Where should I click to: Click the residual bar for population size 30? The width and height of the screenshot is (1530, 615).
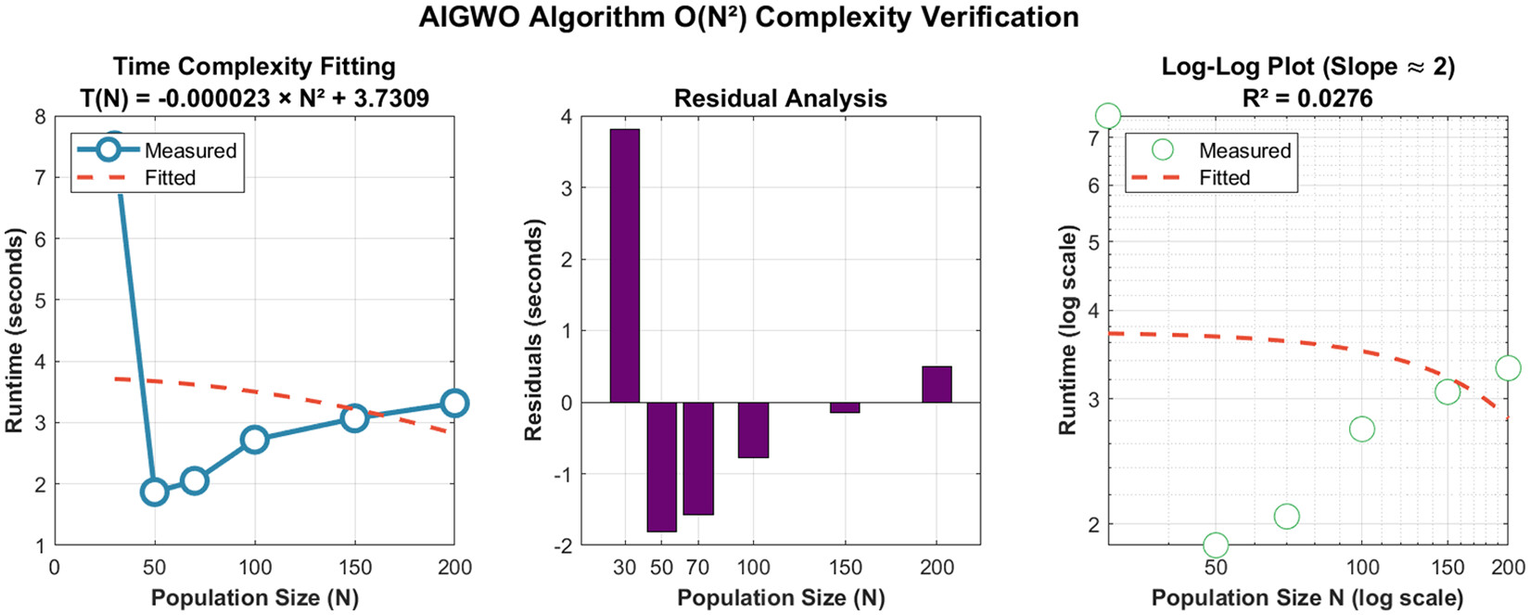[x=624, y=265]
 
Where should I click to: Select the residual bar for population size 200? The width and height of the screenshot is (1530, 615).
[x=937, y=384]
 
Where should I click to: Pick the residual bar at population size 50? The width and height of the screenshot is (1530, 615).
[x=661, y=467]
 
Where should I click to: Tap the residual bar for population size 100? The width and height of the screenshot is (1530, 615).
[x=753, y=429]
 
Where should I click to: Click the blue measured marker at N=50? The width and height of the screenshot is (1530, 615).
[x=155, y=492]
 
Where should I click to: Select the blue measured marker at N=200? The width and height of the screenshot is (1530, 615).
[x=453, y=404]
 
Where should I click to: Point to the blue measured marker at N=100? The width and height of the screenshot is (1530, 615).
[x=255, y=439]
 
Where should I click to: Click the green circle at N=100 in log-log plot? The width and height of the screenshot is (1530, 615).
[x=1361, y=429]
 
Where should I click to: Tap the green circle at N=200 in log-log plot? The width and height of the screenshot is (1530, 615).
[x=1508, y=368]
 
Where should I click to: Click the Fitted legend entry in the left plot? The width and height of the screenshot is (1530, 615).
[x=170, y=177]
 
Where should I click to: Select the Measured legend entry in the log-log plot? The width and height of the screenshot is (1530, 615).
[x=1243, y=150]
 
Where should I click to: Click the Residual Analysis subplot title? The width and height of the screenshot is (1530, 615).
[x=780, y=98]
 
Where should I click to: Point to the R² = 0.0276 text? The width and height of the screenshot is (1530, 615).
[x=1308, y=98]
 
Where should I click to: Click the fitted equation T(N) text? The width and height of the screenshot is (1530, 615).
[x=254, y=98]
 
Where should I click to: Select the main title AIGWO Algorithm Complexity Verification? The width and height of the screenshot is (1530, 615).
[x=748, y=18]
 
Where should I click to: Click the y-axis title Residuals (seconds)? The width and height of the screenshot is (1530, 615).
[x=533, y=329]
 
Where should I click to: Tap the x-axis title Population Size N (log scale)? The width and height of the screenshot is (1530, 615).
[x=1307, y=598]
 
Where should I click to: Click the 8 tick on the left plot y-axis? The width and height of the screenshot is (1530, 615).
[x=39, y=117]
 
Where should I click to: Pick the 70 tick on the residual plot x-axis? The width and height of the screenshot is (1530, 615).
[x=697, y=567]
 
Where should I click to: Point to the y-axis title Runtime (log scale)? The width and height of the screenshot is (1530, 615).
[x=1067, y=329]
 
